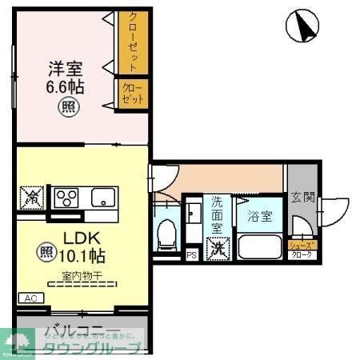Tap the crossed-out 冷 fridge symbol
click(33, 197)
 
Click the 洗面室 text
click(216, 214)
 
